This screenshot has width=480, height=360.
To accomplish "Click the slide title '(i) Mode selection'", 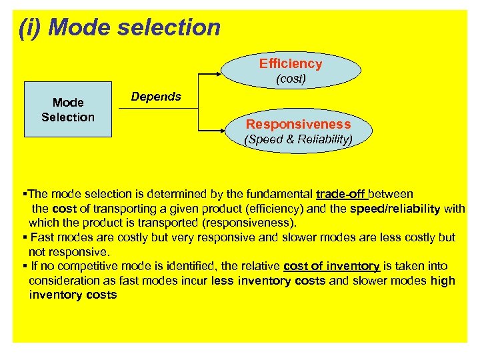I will [119, 27].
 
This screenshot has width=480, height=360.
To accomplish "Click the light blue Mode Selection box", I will [68, 110].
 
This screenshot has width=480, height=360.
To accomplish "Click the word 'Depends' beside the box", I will [156, 97].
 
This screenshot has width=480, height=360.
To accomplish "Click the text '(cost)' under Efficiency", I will [291, 79].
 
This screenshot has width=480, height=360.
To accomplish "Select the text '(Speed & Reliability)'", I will [298, 139].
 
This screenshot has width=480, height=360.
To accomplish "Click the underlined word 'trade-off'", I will [340, 195].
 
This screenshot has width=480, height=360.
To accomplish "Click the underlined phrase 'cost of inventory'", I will [331, 267].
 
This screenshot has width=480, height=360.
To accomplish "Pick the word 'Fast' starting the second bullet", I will [41, 237].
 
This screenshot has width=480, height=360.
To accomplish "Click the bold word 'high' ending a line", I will [443, 281].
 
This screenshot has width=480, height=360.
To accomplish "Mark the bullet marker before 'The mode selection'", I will [24, 195].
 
